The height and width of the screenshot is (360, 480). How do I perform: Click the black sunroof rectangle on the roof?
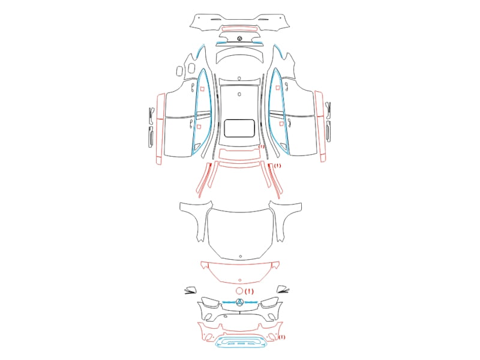224,128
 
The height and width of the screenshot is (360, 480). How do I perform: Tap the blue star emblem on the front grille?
239,302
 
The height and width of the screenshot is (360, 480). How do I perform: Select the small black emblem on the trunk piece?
239,38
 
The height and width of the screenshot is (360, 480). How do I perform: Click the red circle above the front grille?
239,288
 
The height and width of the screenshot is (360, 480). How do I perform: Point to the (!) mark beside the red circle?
249,291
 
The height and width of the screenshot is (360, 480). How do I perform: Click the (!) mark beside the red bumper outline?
281,337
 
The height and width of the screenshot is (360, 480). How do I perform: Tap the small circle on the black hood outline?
241,256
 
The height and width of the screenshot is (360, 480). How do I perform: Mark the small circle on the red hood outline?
239,280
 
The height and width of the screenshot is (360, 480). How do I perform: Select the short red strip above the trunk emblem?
239,29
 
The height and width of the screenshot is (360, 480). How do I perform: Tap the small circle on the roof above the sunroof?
239,94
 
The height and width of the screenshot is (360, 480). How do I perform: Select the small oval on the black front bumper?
226,316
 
